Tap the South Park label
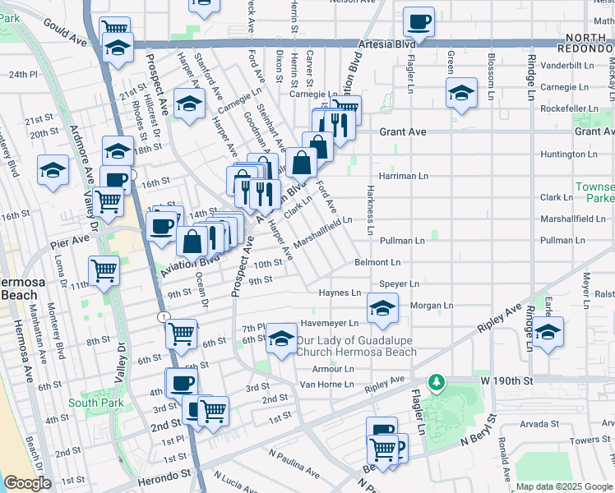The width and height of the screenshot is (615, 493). (96, 403)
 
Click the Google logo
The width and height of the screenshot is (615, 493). (27, 483)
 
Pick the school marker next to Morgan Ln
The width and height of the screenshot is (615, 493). (381, 310)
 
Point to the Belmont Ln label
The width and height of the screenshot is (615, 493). (377, 263)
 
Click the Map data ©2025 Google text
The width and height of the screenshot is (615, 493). (563, 486)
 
